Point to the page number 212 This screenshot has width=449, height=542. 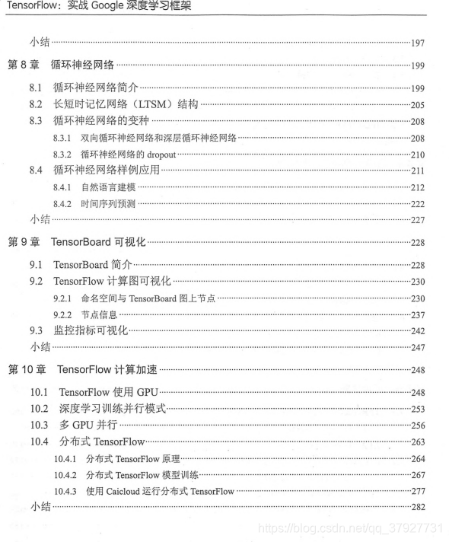coord(418,187)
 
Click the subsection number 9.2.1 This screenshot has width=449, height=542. coord(62,299)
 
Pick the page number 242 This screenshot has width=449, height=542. coord(418,331)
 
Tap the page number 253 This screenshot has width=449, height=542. coord(418,409)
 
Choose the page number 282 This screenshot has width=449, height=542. coord(418,506)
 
